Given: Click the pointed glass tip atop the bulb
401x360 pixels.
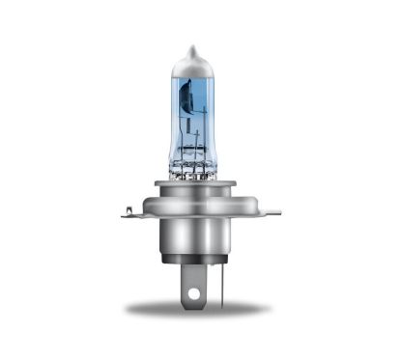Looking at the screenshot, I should (x=193, y=48).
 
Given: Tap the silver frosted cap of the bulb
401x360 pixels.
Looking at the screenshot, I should (x=193, y=67).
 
